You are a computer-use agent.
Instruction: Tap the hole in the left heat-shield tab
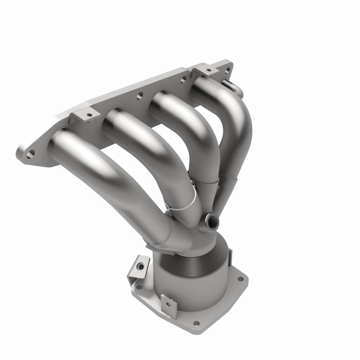pos(89,115)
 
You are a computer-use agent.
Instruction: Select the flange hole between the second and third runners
pos(140,95)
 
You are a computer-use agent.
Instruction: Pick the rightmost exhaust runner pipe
pos(234,117)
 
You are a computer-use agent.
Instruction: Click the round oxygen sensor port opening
pos(211,220)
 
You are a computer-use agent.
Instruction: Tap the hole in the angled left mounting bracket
pos(141,266)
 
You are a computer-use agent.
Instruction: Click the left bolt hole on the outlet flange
pos(139,287)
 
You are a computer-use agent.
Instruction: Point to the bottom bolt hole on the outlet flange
pos(196,323)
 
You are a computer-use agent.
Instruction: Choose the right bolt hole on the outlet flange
pos(240,279)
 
